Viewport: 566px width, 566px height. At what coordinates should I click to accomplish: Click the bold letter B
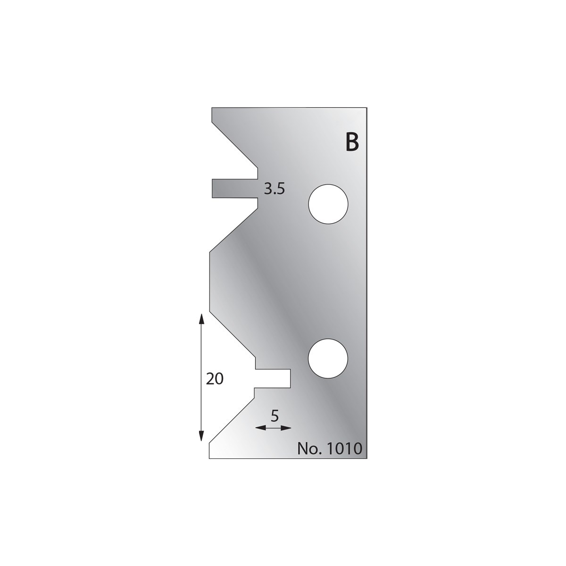[352, 142]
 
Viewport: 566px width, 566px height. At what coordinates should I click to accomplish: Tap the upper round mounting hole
[328, 204]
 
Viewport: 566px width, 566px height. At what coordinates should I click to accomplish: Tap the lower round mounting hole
[328, 358]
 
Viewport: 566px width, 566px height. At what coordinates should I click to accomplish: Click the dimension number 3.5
[275, 189]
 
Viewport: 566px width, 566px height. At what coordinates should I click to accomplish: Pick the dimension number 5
[275, 416]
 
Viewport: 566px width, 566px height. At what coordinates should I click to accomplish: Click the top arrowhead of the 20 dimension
[201, 319]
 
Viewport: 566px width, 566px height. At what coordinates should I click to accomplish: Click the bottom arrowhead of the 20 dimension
[201, 436]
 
